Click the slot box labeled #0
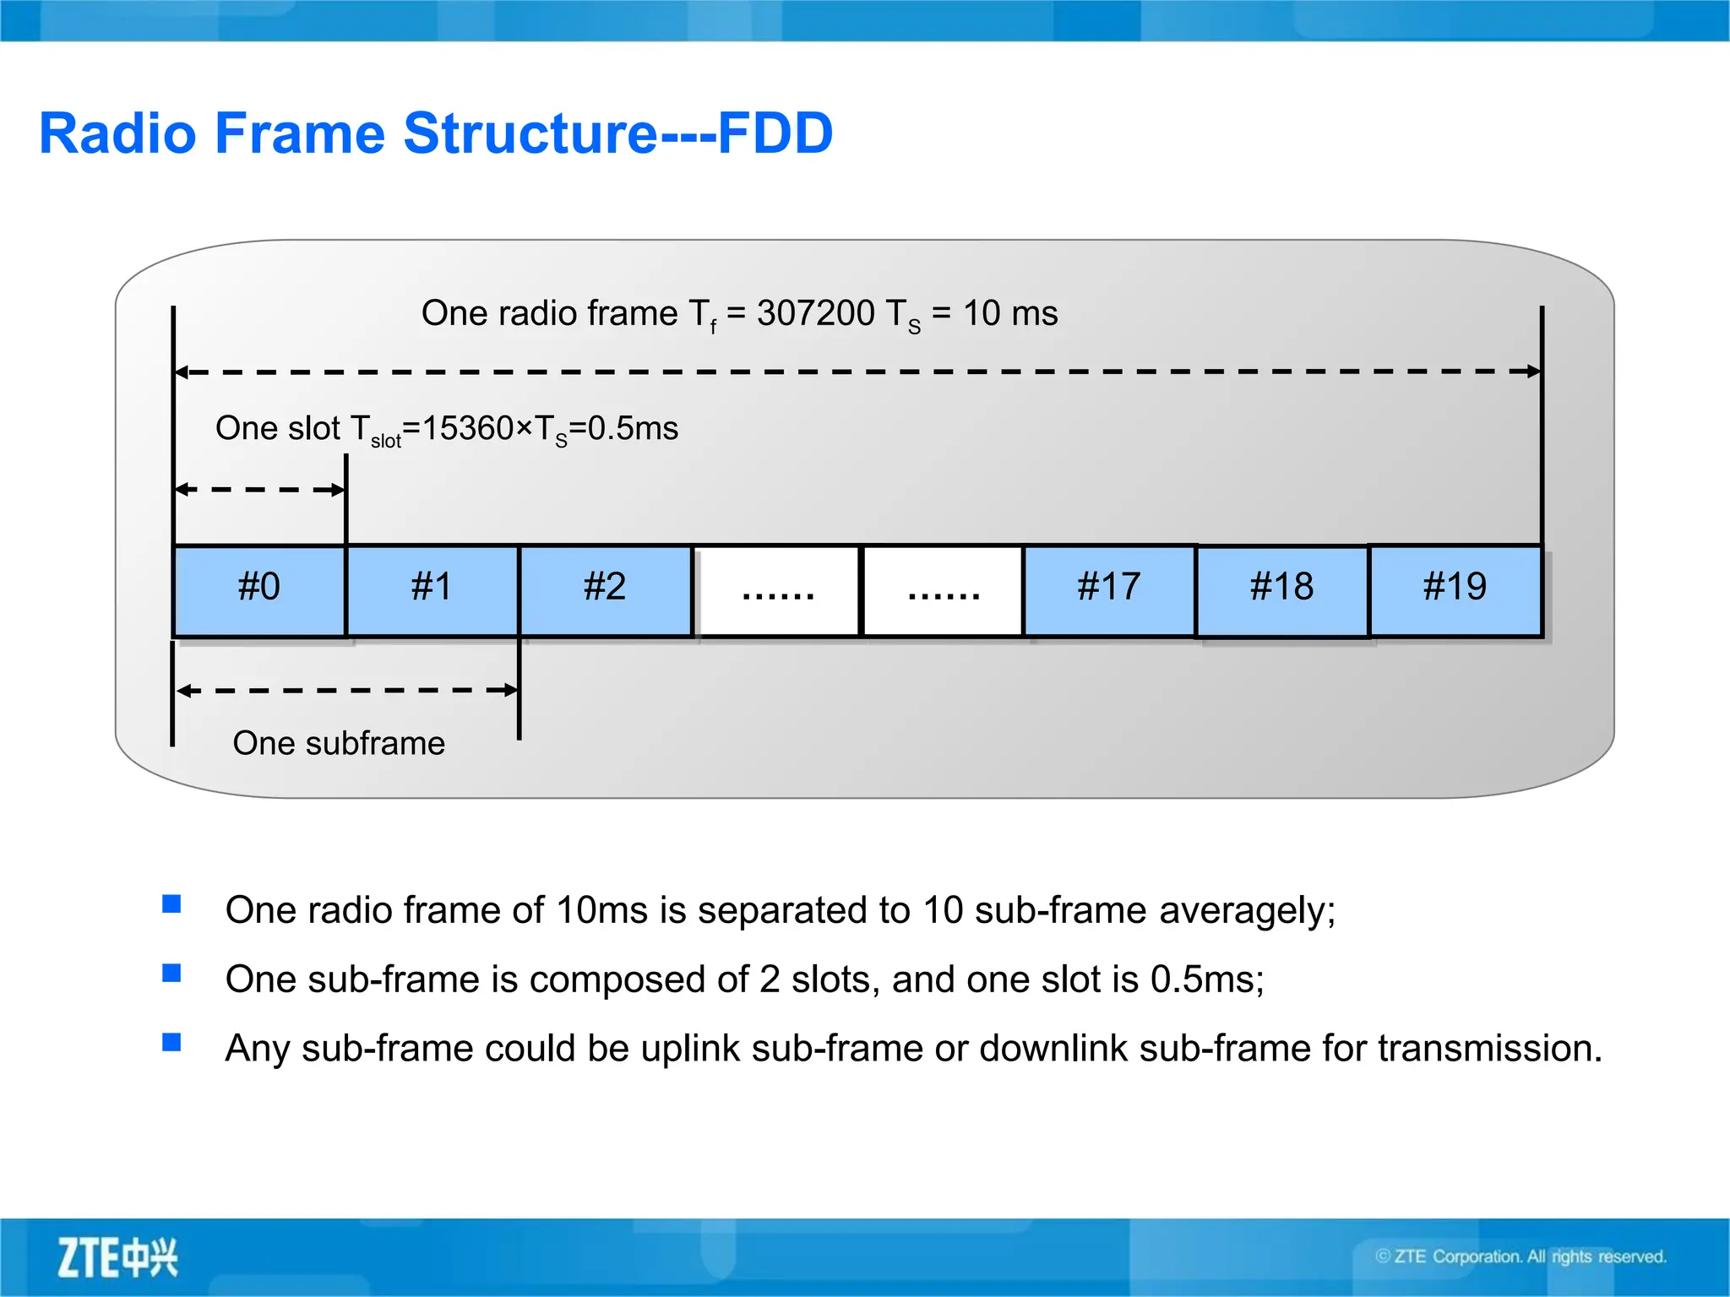tap(259, 589)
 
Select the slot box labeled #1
tap(432, 589)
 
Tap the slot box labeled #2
tap(605, 589)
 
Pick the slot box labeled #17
tap(1109, 589)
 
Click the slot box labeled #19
tap(1455, 589)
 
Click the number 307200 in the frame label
tap(815, 313)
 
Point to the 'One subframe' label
tap(339, 743)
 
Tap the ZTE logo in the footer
tap(117, 1257)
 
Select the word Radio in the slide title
tap(118, 133)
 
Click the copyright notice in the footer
tap(1521, 1256)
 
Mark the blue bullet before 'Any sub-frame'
tap(171, 1042)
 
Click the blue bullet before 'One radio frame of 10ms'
tap(171, 904)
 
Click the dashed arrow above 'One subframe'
tap(346, 690)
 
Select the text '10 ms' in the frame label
tap(1010, 313)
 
